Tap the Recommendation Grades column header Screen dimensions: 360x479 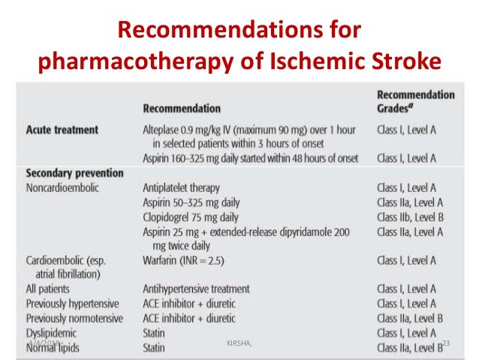[415, 101]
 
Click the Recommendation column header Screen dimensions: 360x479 [182, 108]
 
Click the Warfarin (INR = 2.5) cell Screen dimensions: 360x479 [184, 260]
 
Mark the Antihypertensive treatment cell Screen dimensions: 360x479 [196, 289]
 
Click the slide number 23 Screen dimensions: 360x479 [446, 343]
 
